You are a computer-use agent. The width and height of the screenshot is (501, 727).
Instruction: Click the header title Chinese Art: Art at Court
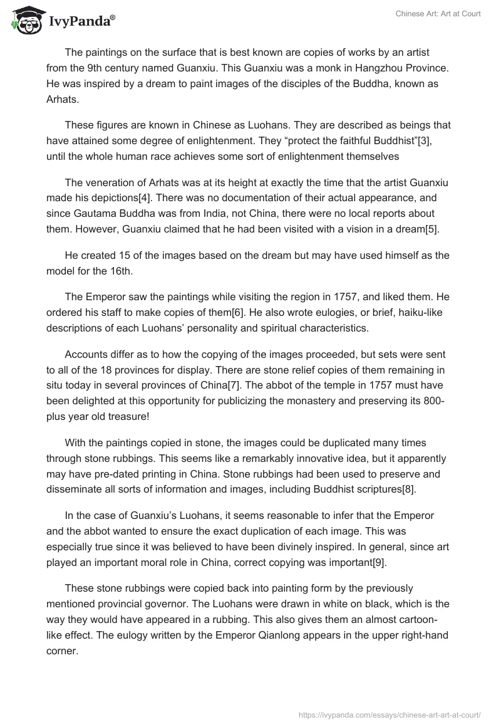coord(438,14)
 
